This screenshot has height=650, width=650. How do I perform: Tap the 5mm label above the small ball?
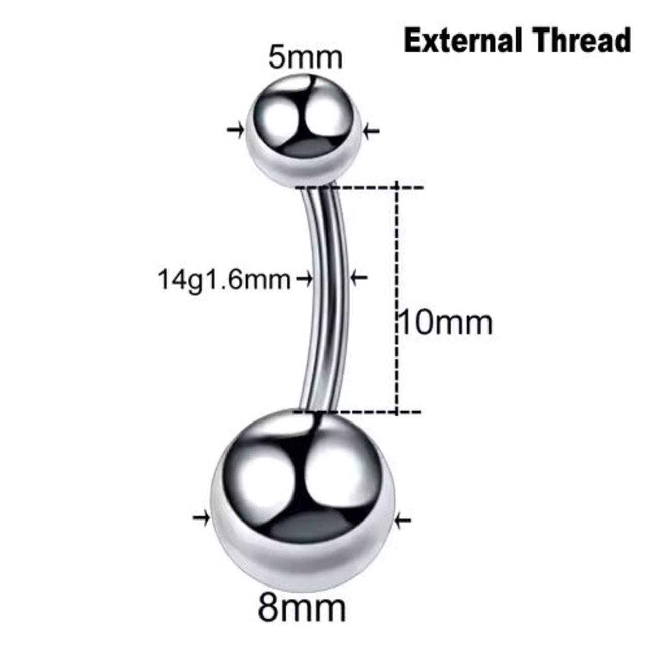[305, 58]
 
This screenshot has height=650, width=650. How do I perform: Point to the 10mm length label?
[445, 323]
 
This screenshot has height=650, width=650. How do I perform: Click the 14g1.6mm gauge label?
[224, 280]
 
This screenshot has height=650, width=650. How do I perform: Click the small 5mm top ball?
[303, 130]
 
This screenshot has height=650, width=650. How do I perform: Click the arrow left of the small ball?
[236, 129]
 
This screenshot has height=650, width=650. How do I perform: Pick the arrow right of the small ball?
[371, 130]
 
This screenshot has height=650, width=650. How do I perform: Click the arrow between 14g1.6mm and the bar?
[305, 278]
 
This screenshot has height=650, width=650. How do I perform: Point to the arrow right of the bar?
[359, 278]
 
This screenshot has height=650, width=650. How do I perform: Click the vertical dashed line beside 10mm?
[397, 300]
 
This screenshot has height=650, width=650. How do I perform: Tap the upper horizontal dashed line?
[359, 187]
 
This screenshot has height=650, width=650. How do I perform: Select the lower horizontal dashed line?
[357, 411]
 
